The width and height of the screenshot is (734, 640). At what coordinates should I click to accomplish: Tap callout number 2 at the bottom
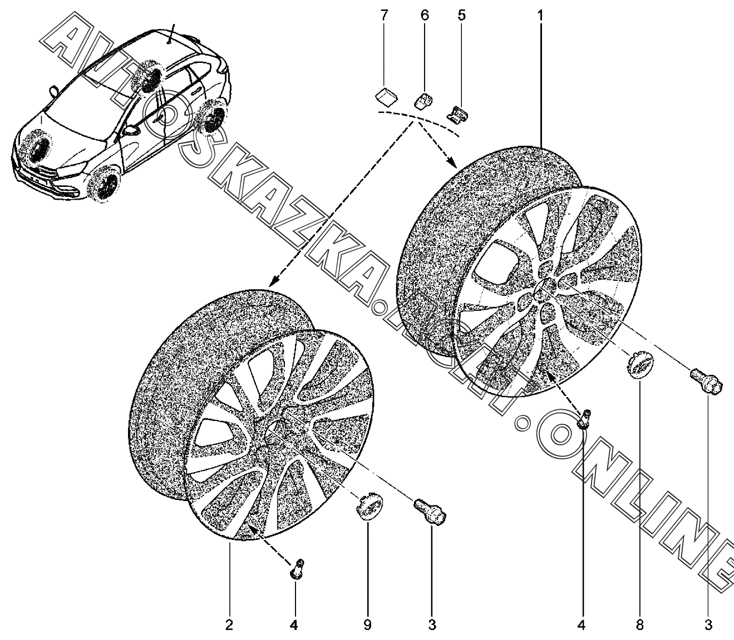[x=229, y=625]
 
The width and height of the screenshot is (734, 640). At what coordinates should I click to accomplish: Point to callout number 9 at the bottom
[x=367, y=625]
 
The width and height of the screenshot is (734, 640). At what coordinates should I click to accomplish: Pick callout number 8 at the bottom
[x=639, y=625]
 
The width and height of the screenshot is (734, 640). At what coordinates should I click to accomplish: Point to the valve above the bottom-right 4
[x=584, y=419]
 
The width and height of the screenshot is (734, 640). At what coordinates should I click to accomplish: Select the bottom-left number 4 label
[x=294, y=625]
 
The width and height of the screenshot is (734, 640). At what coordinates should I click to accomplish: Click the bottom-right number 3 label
[x=708, y=625]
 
